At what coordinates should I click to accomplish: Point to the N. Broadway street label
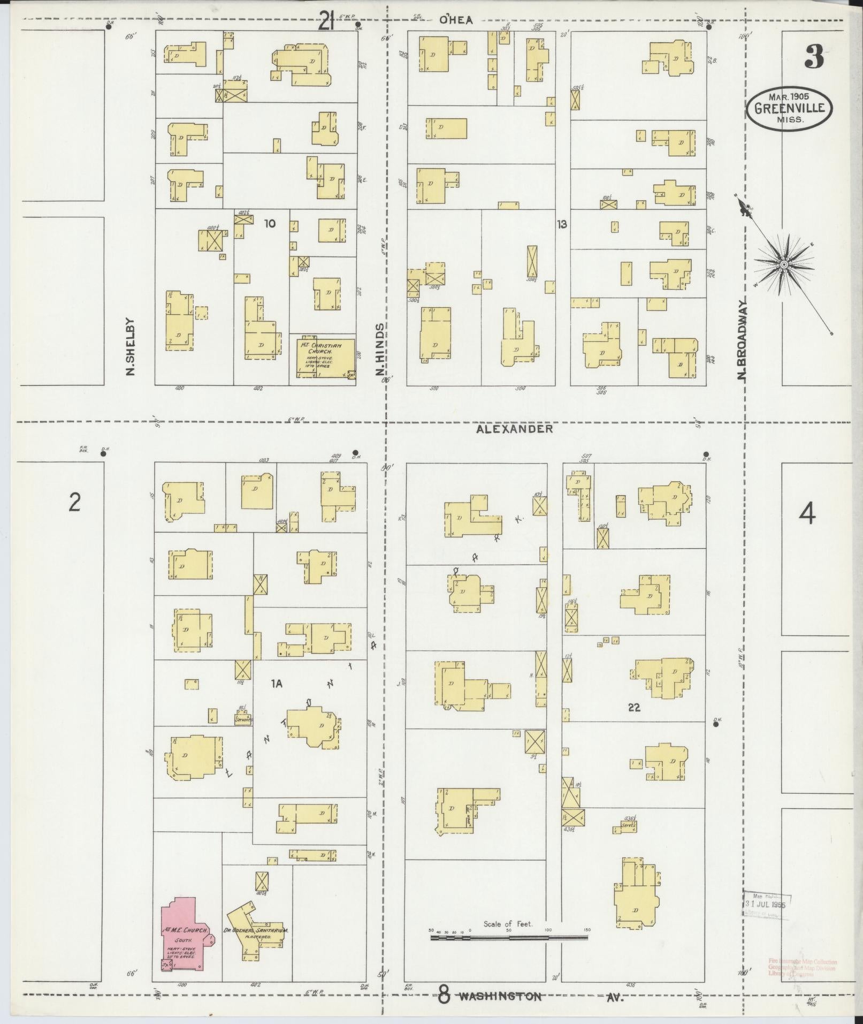coord(742,339)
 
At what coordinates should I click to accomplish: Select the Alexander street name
coord(514,429)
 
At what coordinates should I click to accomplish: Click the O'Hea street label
coord(456,20)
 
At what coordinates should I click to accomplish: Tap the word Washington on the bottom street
coord(500,997)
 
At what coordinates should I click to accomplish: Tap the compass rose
coord(784,264)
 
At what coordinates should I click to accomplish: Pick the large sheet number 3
coord(813,57)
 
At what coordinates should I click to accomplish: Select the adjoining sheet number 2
coord(74,503)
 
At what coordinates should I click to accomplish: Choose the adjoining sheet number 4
coord(807,515)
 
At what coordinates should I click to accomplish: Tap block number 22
coord(634,707)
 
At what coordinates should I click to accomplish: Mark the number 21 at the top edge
coord(326,22)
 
